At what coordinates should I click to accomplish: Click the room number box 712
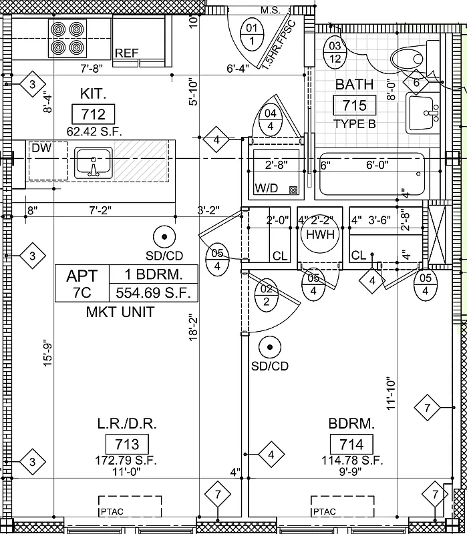[x=93, y=113]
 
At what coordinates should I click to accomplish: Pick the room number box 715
[x=354, y=105]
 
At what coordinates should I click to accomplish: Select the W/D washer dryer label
[x=267, y=189]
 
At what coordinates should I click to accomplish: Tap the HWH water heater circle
[x=319, y=235]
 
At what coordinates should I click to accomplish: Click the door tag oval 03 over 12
[x=335, y=52]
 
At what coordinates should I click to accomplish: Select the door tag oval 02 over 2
[x=267, y=295]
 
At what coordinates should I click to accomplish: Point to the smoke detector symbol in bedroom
[x=270, y=347]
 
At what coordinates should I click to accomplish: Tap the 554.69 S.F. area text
[x=153, y=292]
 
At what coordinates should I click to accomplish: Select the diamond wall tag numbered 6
[x=416, y=83]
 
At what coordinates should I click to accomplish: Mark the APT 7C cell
[x=82, y=284]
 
